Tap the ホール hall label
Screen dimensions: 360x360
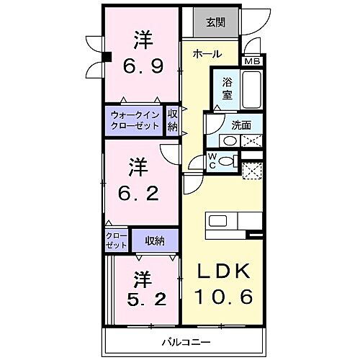(x=207, y=53)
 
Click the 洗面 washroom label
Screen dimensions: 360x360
(x=241, y=125)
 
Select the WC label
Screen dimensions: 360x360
(x=213, y=161)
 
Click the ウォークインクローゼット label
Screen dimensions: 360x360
(x=135, y=119)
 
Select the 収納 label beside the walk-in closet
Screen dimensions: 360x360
(x=173, y=119)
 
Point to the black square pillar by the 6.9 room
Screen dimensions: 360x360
(x=105, y=58)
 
